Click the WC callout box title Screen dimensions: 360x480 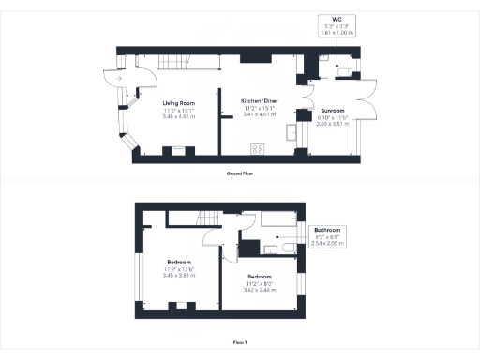tap(335, 18)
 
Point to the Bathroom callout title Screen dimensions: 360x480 tap(327, 230)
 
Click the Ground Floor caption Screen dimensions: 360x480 tap(240, 173)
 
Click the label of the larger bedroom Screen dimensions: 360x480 tap(179, 262)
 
